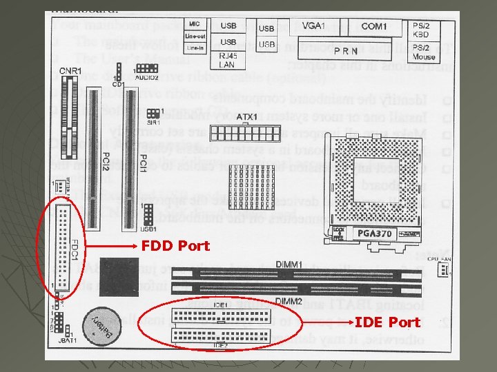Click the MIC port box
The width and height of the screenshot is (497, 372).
[x=195, y=25]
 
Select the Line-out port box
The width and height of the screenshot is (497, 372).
[x=195, y=36]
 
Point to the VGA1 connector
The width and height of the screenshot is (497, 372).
[x=313, y=26]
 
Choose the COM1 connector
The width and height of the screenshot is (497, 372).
[x=373, y=27]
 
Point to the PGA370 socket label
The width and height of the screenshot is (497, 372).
[x=376, y=234]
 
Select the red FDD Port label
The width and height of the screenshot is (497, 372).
[x=175, y=245]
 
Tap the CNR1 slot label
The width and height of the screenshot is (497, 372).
[x=70, y=70]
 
